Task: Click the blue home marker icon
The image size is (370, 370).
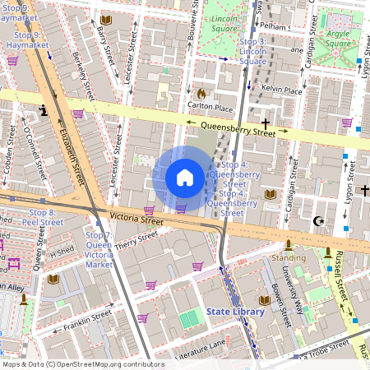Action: (x=185, y=178)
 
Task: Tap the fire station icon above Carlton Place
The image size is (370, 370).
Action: (x=201, y=94)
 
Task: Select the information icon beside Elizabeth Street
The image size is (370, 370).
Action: (x=43, y=109)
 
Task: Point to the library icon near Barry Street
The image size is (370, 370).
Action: (x=105, y=20)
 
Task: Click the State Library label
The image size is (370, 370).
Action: (x=235, y=312)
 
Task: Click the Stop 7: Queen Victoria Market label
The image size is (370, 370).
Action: (x=99, y=250)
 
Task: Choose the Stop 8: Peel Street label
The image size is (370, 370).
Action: (x=38, y=217)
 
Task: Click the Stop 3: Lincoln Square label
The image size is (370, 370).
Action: (x=252, y=51)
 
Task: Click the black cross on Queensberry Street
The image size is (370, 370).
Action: (x=265, y=122)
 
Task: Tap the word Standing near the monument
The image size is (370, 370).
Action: (x=288, y=257)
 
